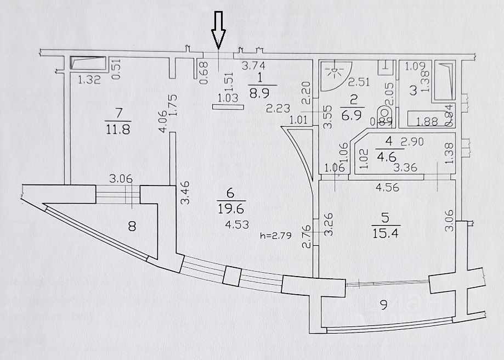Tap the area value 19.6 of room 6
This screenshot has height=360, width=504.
pos(231,209)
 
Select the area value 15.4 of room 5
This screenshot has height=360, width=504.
pos(386,233)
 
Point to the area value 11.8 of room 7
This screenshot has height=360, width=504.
pos(118,130)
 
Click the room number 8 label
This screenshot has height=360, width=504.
pos(132,226)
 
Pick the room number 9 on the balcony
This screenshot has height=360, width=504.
pos(383,305)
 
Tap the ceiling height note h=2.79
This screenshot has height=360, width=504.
pos(276,236)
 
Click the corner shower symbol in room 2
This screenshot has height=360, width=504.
pos(336,76)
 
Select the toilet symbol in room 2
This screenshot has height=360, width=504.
pos(384,116)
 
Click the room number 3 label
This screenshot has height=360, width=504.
pos(414,91)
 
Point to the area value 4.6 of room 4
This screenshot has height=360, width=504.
pos(389,156)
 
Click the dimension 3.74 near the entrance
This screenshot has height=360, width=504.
pos(253,66)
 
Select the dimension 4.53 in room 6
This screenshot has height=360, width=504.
pos(237,224)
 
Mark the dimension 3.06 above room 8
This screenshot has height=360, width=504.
pos(121,178)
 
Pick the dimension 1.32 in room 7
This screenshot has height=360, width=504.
pos(89,80)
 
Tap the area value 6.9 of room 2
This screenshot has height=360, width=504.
pos(352,115)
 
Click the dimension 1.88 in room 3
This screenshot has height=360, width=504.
pos(427,122)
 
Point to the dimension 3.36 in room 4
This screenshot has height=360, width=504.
pos(405,167)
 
